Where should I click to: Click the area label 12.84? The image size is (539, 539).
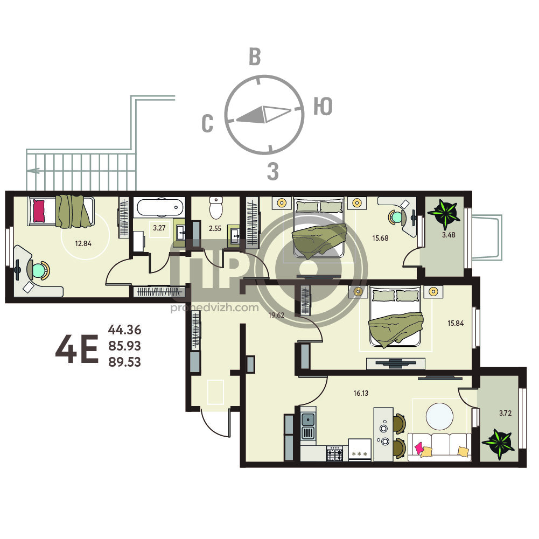[83, 244]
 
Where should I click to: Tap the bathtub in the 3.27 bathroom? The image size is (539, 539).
[160, 207]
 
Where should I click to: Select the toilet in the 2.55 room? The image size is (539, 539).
[216, 208]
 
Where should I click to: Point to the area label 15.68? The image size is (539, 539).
[380, 238]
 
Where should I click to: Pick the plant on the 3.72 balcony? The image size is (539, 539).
[498, 444]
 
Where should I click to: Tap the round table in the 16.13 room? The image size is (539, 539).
[439, 416]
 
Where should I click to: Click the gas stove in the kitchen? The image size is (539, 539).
[334, 453]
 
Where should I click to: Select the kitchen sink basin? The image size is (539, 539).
[308, 419]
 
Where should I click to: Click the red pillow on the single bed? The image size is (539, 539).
[39, 211]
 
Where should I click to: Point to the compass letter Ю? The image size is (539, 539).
[323, 106]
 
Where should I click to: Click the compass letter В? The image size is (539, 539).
[255, 57]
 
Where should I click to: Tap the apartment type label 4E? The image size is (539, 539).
[77, 349]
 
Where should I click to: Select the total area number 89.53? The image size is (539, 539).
[124, 362]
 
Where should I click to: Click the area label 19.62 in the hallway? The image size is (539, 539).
[276, 315]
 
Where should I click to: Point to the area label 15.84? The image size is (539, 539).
[456, 323]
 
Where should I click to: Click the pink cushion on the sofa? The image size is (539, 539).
[419, 448]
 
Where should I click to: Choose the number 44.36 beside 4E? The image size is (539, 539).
[124, 330]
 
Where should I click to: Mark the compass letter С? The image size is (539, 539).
[207, 123]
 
